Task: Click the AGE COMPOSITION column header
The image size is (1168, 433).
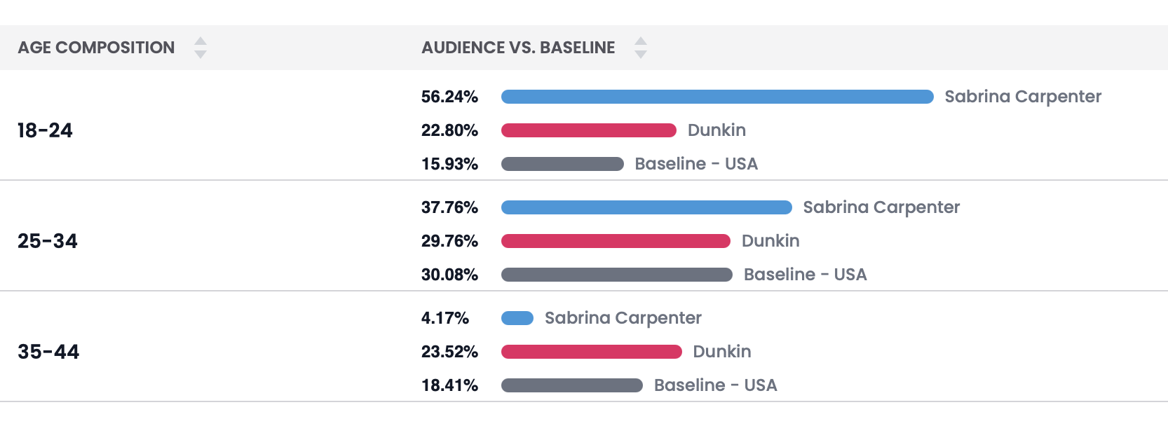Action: tap(96, 48)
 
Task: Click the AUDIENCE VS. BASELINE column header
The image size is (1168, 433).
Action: tap(518, 48)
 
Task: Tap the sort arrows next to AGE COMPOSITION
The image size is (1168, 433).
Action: tap(201, 48)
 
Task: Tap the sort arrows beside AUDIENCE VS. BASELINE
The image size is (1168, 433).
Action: tap(640, 48)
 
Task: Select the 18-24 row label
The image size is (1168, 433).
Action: tap(45, 130)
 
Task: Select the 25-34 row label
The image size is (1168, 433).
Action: tap(48, 241)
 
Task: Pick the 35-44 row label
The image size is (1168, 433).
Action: tap(48, 352)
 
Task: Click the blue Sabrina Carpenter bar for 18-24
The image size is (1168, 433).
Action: tap(717, 97)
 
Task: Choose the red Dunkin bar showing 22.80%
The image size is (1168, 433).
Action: tap(589, 130)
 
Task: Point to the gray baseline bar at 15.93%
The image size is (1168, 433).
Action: tap(562, 164)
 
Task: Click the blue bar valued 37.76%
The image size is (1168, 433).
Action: tap(646, 207)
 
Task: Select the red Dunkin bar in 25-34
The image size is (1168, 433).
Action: tap(616, 241)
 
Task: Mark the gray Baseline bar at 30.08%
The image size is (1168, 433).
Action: tap(617, 275)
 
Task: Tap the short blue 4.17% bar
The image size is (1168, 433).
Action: tap(517, 318)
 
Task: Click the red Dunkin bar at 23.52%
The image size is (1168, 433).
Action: tap(592, 352)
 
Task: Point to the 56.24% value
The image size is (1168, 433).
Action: tap(449, 97)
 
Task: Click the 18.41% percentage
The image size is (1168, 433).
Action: tap(449, 385)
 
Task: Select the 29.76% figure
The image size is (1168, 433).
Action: tap(449, 241)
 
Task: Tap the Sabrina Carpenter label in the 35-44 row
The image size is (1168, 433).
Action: tap(623, 318)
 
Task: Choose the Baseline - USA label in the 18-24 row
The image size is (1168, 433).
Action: tap(696, 164)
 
